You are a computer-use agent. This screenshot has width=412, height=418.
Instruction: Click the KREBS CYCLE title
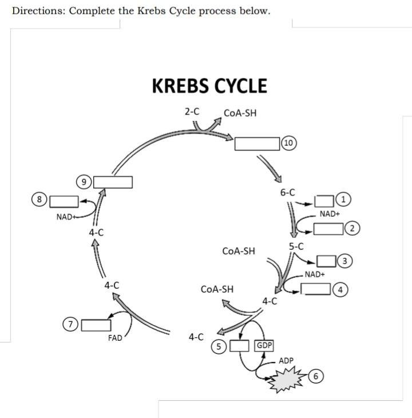click(209, 86)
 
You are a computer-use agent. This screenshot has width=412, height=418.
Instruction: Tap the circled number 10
click(290, 143)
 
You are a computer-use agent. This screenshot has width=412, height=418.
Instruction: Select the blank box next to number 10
click(257, 144)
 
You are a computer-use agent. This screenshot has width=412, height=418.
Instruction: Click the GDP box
click(264, 346)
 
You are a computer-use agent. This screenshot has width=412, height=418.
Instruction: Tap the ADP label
click(286, 361)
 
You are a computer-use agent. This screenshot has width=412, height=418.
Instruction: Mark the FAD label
click(116, 338)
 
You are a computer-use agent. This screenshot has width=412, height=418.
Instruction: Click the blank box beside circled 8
click(64, 201)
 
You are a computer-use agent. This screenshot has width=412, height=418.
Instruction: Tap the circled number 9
click(84, 182)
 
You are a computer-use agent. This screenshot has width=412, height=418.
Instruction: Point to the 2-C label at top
click(192, 112)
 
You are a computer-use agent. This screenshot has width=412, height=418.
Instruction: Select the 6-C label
click(288, 192)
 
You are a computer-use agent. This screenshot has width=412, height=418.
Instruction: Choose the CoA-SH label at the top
click(240, 113)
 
